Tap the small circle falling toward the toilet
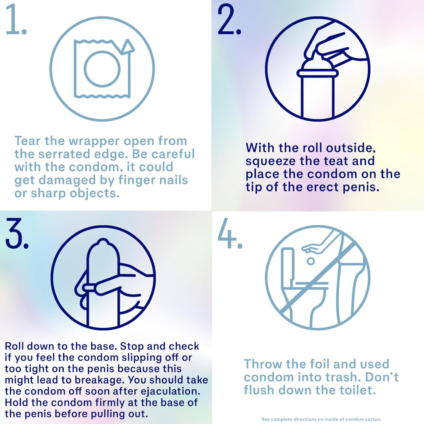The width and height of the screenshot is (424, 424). coord(310,261)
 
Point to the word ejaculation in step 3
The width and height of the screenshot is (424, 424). coord(170,391)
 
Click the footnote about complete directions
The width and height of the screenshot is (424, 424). coord(321,419)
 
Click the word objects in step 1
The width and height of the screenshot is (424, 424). coord(94,194)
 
